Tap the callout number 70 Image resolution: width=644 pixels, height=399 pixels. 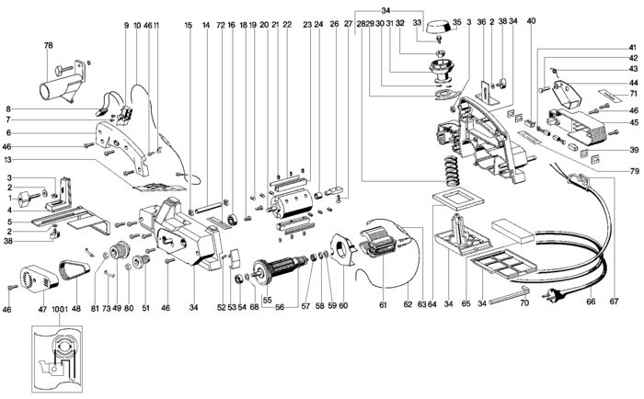523,302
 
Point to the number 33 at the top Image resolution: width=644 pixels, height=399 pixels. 417,20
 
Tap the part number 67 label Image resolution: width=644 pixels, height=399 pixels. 614,302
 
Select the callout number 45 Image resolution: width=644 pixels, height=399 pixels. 633,121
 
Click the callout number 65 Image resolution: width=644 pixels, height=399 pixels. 466,302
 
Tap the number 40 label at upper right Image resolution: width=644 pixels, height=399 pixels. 557,20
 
